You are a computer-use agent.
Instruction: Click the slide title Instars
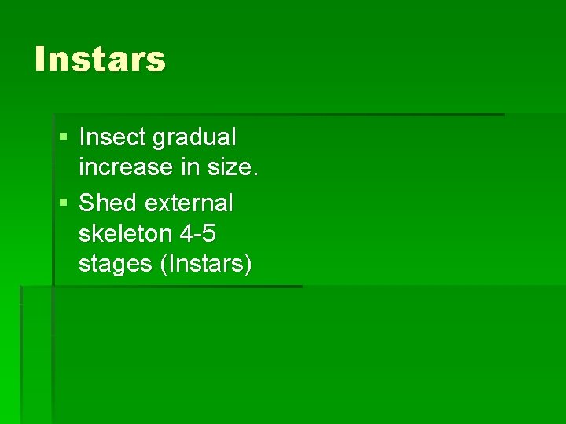(x=100, y=59)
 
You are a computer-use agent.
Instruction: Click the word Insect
(x=112, y=137)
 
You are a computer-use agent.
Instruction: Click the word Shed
(x=108, y=203)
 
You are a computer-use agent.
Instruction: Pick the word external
(x=189, y=203)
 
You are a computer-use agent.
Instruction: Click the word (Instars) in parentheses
(x=205, y=265)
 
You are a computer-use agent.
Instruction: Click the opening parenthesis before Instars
(x=163, y=265)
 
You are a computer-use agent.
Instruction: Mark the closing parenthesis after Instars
(x=248, y=265)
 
